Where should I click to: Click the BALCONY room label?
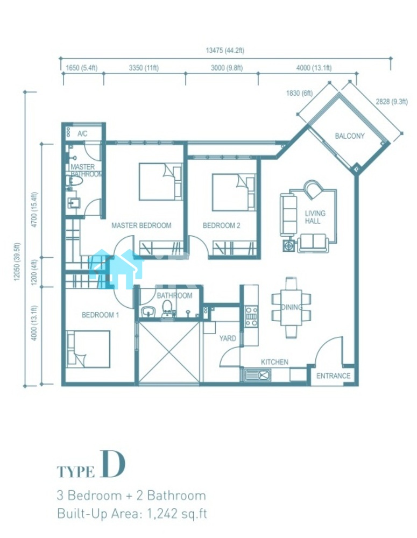[x=349, y=136]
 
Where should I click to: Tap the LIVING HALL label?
[x=315, y=217]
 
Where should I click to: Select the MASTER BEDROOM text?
[x=142, y=225]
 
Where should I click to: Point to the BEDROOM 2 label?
[x=221, y=225]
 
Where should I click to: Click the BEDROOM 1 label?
[x=100, y=315]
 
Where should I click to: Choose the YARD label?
[x=228, y=338]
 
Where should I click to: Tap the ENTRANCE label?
[x=333, y=376]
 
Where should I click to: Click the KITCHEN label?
[x=274, y=362]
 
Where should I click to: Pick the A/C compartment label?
[x=82, y=133]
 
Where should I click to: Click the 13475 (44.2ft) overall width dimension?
[x=225, y=51]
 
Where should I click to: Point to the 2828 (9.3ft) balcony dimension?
[x=392, y=102]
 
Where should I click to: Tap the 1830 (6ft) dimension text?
[x=299, y=93]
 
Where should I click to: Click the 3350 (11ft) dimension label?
[x=144, y=68]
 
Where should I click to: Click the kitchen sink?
[x=258, y=375]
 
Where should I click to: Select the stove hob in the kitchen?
[x=251, y=316]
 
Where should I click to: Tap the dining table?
[x=292, y=308]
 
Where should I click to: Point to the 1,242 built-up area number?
[x=162, y=513]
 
